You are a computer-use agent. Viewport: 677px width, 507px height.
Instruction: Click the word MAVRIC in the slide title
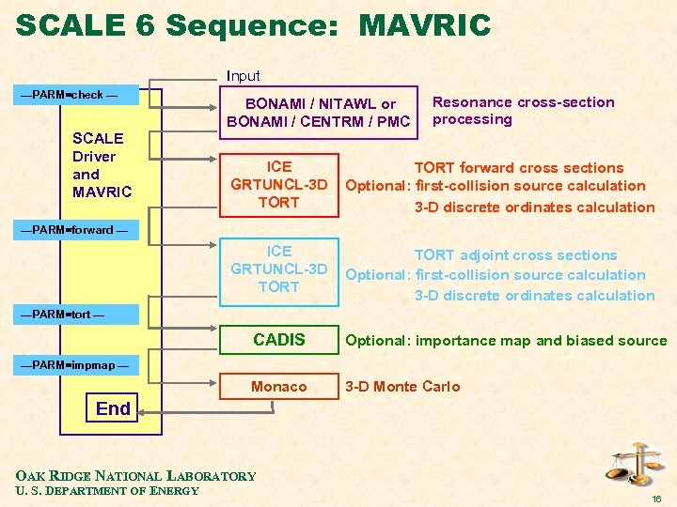pyautogui.click(x=424, y=25)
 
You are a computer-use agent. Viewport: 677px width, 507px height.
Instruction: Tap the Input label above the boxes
pyautogui.click(x=244, y=75)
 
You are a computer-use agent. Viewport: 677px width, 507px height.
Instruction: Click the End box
pyautogui.click(x=113, y=408)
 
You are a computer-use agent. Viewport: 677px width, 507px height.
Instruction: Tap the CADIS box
pyautogui.click(x=279, y=340)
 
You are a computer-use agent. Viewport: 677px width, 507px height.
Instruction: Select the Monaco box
pyautogui.click(x=279, y=387)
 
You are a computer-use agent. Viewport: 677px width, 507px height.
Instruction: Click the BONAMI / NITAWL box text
pyautogui.click(x=320, y=113)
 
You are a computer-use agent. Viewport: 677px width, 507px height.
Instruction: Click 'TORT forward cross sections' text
pyautogui.click(x=519, y=167)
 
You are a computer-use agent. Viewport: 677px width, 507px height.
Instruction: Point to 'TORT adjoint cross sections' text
pyautogui.click(x=516, y=254)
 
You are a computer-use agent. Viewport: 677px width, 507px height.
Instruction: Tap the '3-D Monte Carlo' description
pyautogui.click(x=402, y=387)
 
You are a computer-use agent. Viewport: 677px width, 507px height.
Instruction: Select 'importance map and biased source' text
pyautogui.click(x=541, y=341)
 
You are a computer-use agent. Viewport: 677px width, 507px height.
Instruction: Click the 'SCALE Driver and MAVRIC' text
pyautogui.click(x=102, y=165)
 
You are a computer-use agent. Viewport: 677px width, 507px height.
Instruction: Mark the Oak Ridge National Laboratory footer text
pyautogui.click(x=136, y=476)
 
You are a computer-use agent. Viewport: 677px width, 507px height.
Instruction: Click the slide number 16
pyautogui.click(x=655, y=499)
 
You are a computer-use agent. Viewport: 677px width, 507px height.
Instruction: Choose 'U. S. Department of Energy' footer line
pyautogui.click(x=108, y=491)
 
